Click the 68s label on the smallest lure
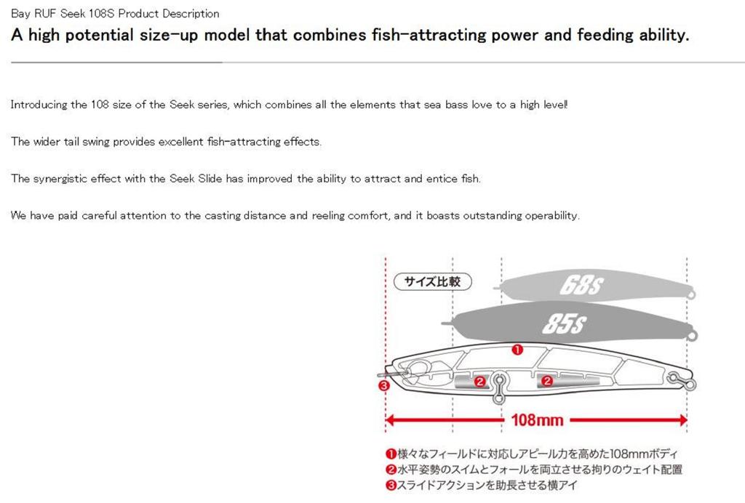pyautogui.click(x=581, y=286)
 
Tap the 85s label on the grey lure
pyautogui.click(x=564, y=323)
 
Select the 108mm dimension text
pyautogui.click(x=537, y=420)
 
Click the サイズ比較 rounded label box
pyautogui.click(x=431, y=281)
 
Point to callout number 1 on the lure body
pyautogui.click(x=517, y=350)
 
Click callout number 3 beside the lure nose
pyautogui.click(x=384, y=386)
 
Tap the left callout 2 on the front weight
pyautogui.click(x=479, y=380)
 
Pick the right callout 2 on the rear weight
pyautogui.click(x=547, y=380)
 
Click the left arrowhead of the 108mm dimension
pyautogui.click(x=389, y=420)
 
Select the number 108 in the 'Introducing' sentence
pyautogui.click(x=100, y=105)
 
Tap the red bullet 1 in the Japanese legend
pyautogui.click(x=390, y=454)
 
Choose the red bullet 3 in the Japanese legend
pyautogui.click(x=390, y=485)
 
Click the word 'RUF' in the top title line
pyautogui.click(x=44, y=14)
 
